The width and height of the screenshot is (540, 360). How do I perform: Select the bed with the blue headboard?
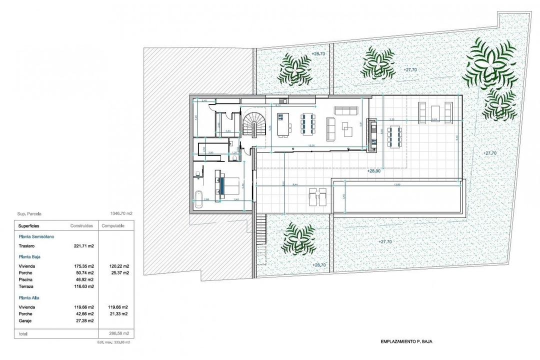click(224, 182)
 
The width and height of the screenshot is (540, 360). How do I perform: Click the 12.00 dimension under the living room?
click(311, 145)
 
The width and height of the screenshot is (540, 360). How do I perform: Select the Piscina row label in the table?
click(26, 280)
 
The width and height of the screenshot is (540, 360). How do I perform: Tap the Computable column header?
click(113, 226)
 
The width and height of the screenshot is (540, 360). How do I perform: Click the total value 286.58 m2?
click(119, 332)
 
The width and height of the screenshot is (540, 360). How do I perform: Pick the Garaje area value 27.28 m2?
click(84, 320)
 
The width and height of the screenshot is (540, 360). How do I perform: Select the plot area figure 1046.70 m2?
click(120, 213)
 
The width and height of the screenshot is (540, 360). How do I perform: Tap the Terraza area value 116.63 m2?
click(84, 287)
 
